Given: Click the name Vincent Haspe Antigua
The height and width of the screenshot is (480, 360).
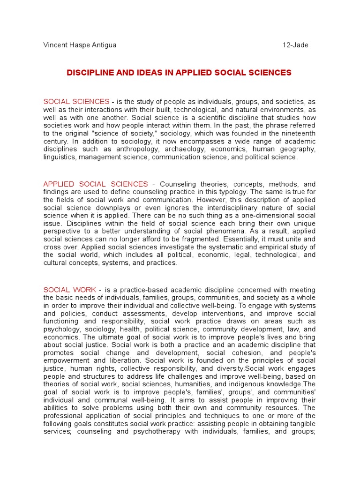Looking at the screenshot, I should [80, 45].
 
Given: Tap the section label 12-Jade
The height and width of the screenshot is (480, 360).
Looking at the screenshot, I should [295, 45].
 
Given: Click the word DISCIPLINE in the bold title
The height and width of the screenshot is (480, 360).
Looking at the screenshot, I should [91, 73].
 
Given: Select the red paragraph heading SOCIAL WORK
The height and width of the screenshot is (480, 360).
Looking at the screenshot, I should [70, 290].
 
